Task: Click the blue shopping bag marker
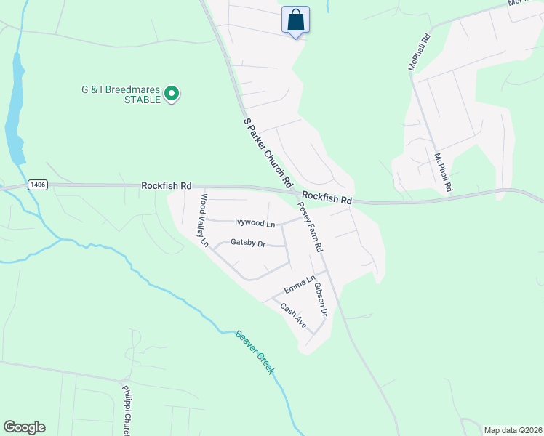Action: [295, 20]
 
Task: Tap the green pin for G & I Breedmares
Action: [172, 94]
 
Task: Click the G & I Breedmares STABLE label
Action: [121, 95]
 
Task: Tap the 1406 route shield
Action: [39, 185]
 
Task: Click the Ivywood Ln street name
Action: [255, 223]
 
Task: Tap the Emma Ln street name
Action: [300, 284]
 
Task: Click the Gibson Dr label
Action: [321, 298]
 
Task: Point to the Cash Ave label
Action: [294, 315]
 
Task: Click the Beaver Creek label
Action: [255, 352]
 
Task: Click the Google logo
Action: [24, 427]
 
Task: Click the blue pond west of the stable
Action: [15, 109]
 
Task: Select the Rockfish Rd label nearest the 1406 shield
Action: [167, 187]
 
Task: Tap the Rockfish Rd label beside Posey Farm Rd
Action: [327, 198]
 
